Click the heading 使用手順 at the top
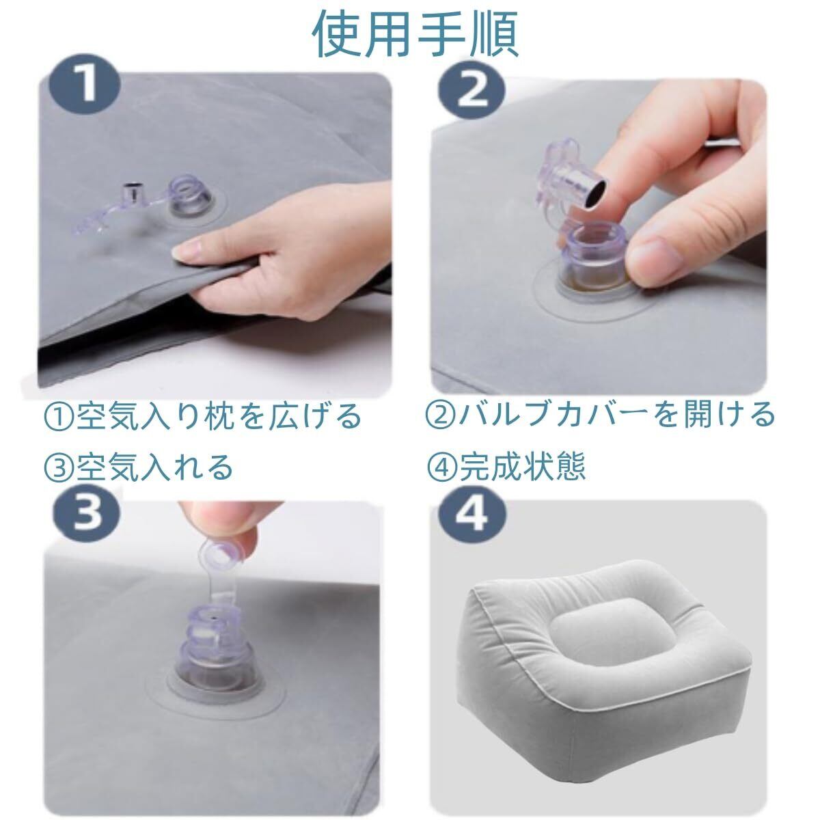[415, 34]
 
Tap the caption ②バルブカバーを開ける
[600, 415]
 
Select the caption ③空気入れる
[139, 467]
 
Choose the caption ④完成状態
[506, 467]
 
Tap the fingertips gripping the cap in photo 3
[219, 523]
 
